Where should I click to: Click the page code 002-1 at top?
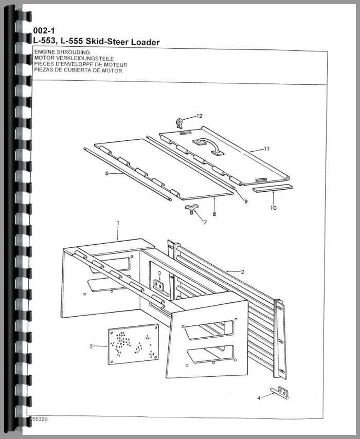coord(44,30)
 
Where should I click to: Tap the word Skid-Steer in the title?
coord(107,42)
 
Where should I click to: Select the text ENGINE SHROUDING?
coord(62,52)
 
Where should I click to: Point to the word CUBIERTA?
coord(77,70)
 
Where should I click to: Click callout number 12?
coord(199,116)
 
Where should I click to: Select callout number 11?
coord(266,149)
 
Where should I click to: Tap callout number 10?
coord(274,208)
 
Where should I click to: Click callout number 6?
coord(107,174)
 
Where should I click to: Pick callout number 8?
coord(214,214)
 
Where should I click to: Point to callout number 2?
coord(243,271)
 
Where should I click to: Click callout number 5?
coord(91,346)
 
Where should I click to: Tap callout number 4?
coord(259,397)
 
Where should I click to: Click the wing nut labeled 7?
coord(190,209)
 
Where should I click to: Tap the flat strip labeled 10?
coord(273,189)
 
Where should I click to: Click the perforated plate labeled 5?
coord(134,344)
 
